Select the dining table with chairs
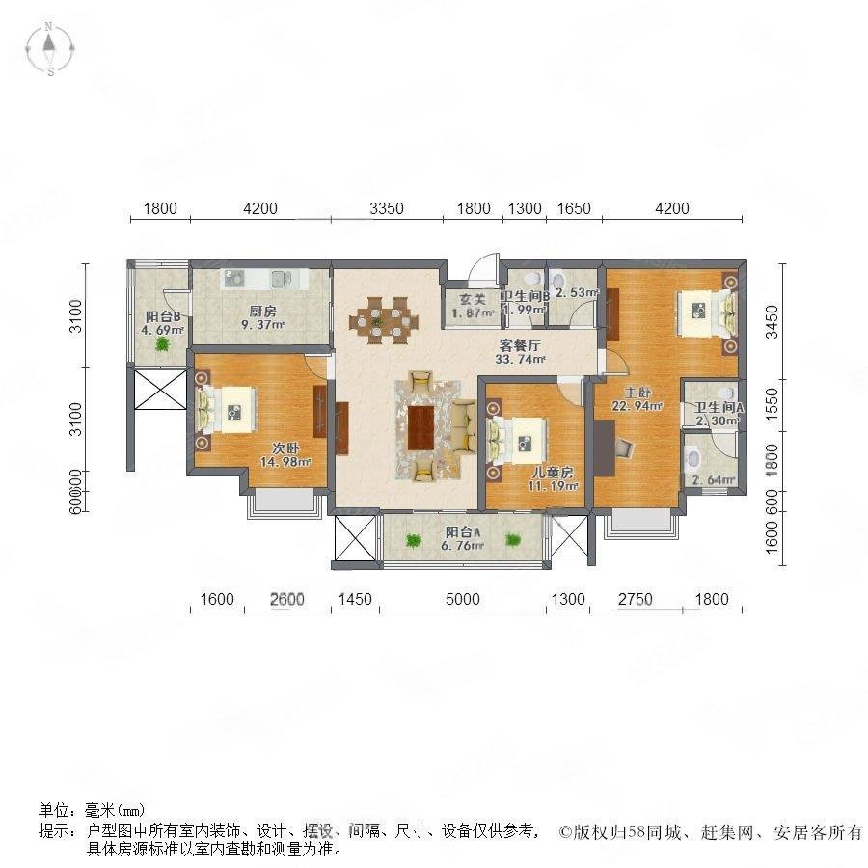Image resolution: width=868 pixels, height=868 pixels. pyautogui.click(x=384, y=319)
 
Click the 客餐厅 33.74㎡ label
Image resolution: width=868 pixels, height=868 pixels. pyautogui.click(x=520, y=353)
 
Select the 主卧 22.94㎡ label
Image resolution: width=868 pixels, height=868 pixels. pyautogui.click(x=641, y=399)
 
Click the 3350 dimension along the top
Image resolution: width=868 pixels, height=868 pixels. pyautogui.click(x=386, y=208)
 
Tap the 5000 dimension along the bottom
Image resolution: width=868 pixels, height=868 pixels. pyautogui.click(x=463, y=600)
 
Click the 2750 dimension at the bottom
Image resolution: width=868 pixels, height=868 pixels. pyautogui.click(x=636, y=600)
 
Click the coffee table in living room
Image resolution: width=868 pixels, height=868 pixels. pyautogui.click(x=422, y=428)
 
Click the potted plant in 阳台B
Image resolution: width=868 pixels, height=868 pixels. pyautogui.click(x=164, y=342)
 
